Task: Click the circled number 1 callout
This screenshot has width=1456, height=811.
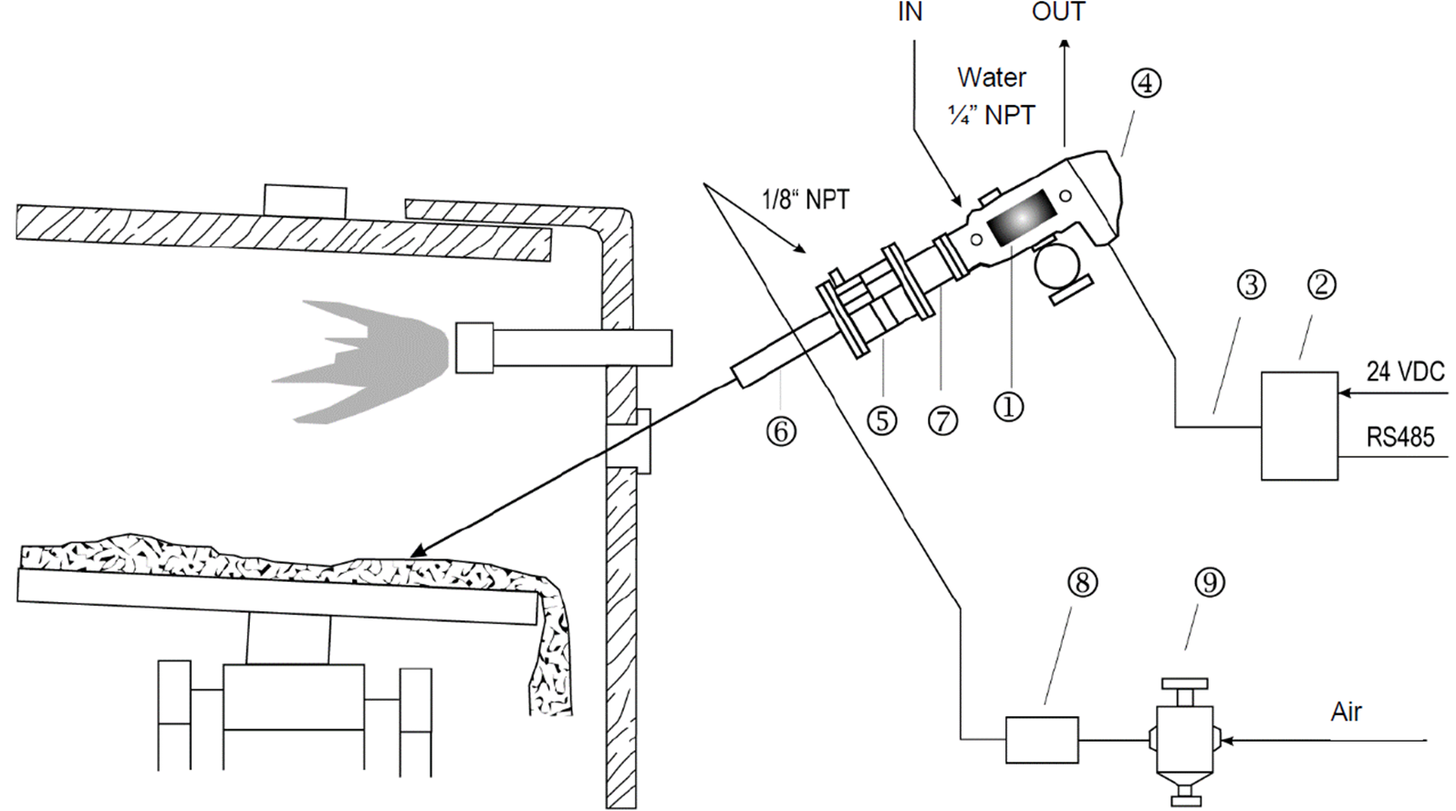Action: pyautogui.click(x=1008, y=407)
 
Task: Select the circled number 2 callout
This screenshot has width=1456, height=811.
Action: pyautogui.click(x=1321, y=285)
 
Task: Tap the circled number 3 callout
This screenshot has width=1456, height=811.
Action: pyautogui.click(x=1251, y=285)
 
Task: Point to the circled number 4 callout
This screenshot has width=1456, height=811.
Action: pyautogui.click(x=1146, y=84)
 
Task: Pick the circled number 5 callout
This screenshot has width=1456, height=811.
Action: pyautogui.click(x=881, y=421)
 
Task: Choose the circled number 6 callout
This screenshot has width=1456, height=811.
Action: pyautogui.click(x=781, y=431)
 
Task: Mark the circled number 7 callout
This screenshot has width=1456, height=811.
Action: pyautogui.click(x=942, y=421)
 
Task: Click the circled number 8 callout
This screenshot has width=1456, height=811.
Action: pyautogui.click(x=1082, y=582)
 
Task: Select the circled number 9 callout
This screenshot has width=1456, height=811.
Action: pyautogui.click(x=1210, y=582)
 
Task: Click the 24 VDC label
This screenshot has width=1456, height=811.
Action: pyautogui.click(x=1405, y=371)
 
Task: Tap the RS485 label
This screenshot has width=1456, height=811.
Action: pyautogui.click(x=1400, y=438)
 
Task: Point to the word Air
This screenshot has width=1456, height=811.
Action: pyautogui.click(x=1346, y=712)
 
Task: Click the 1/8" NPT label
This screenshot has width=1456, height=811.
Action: pyautogui.click(x=806, y=199)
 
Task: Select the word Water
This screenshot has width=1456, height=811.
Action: pyautogui.click(x=991, y=78)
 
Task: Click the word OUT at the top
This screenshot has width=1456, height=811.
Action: pyautogui.click(x=1058, y=12)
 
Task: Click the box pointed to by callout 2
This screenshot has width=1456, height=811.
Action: pyautogui.click(x=1299, y=425)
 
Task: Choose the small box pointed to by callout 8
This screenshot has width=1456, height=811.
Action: pyautogui.click(x=1042, y=739)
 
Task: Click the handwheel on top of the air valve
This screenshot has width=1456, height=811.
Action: pyautogui.click(x=1184, y=684)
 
